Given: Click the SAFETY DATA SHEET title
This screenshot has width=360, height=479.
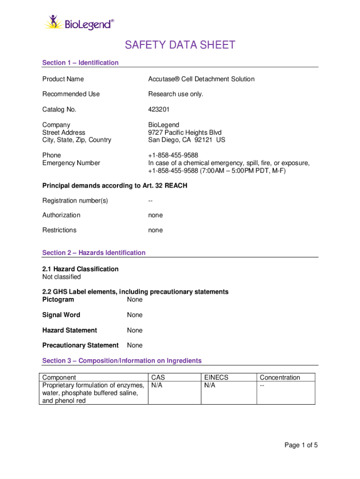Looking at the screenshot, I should click(x=180, y=45).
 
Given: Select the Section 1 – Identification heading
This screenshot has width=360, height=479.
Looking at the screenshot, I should click(x=80, y=63).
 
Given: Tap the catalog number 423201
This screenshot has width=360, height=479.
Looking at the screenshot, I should click(x=158, y=109).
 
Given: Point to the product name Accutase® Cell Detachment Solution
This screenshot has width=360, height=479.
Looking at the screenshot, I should click(x=202, y=79).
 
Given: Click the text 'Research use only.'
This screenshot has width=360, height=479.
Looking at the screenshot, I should click(x=176, y=94).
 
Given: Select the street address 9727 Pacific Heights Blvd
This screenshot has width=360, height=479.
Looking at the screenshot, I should click(x=185, y=132).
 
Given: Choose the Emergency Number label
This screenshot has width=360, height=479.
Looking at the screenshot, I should click(x=71, y=163).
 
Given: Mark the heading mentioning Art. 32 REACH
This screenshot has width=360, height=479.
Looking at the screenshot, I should click(x=115, y=186).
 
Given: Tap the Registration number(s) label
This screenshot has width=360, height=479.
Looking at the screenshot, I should click(x=75, y=201).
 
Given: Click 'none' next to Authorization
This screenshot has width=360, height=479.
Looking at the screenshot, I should click(x=156, y=215).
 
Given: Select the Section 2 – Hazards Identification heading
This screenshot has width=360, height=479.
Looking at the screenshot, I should click(x=94, y=253).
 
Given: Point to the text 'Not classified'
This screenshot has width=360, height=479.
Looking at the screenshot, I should click(x=61, y=277).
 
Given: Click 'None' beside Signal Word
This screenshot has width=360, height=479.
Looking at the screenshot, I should click(x=135, y=315).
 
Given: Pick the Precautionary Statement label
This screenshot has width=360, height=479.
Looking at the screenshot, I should click(x=80, y=345).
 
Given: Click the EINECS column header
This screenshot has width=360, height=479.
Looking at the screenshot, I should click(x=216, y=377).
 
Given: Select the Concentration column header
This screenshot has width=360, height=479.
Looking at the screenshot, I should click(x=280, y=377).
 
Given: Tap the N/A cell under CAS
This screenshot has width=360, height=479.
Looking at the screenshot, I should click(x=157, y=385).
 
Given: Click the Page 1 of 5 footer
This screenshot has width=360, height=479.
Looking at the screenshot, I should click(x=301, y=445).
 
